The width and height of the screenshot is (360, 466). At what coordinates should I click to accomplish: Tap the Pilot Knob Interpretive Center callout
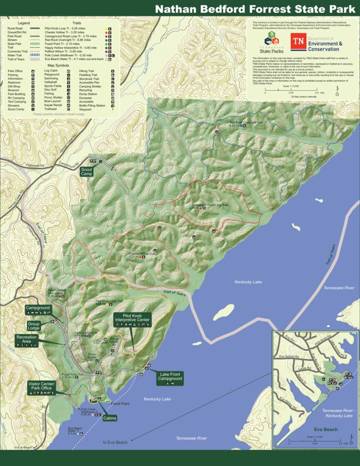132,319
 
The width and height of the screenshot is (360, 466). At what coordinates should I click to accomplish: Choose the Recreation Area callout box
27,341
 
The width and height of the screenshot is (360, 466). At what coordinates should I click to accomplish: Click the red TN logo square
298,41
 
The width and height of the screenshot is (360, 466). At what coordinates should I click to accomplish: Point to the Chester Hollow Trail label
141,255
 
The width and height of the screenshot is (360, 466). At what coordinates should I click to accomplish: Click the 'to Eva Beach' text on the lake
115,442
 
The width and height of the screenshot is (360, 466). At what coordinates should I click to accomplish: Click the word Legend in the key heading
24,23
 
